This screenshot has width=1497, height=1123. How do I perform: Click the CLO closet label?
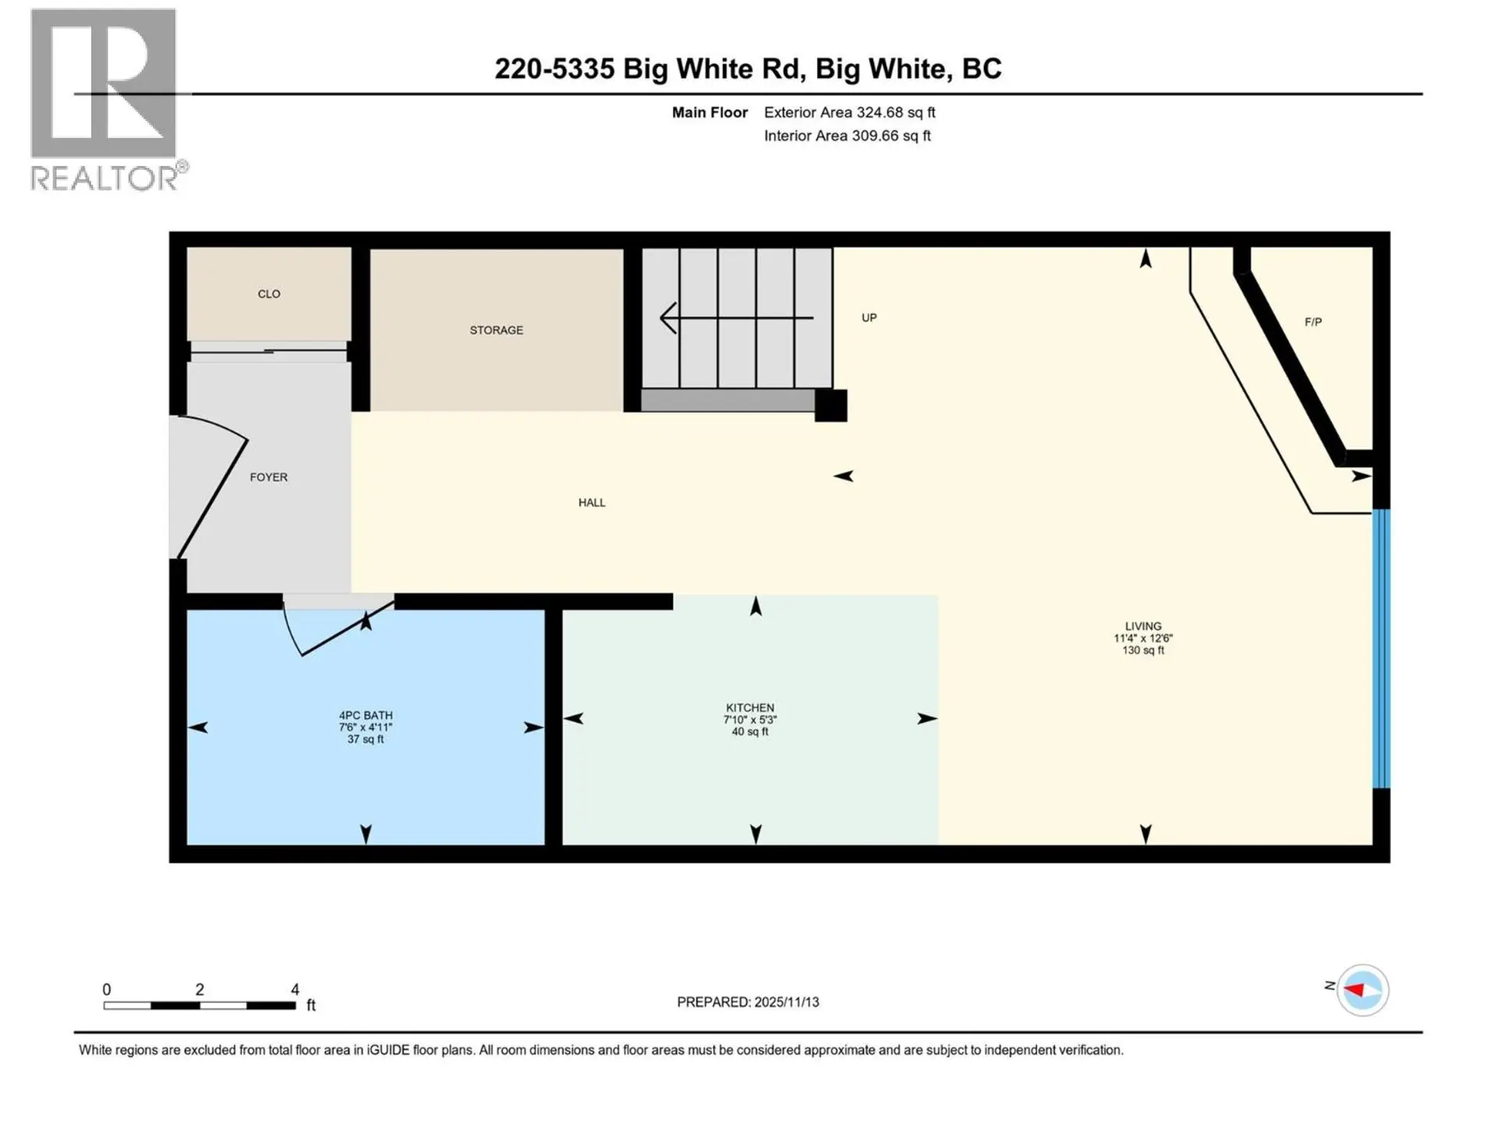click(269, 294)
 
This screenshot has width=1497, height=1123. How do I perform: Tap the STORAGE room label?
click(496, 330)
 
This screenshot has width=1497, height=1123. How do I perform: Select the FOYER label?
click(268, 476)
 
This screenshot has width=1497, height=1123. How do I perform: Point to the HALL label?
click(592, 502)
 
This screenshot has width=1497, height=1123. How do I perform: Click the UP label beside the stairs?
click(869, 317)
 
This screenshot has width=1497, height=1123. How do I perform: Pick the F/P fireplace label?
click(1313, 321)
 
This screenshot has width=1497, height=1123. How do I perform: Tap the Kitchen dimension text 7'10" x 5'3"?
click(750, 720)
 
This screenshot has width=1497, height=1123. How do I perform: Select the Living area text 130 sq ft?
click(1143, 650)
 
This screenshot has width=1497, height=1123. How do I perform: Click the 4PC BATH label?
click(366, 715)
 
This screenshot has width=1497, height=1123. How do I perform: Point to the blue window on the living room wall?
click(1381, 647)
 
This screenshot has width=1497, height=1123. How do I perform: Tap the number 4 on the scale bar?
click(295, 990)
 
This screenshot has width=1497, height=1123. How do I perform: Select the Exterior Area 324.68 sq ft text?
click(849, 112)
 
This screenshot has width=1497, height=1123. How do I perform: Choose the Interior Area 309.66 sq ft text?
click(847, 136)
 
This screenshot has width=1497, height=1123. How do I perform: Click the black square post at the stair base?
click(830, 406)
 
